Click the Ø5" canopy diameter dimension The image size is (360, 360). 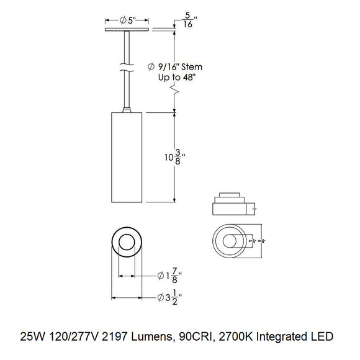(x=127, y=19)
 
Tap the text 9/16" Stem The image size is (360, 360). (x=186, y=66)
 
